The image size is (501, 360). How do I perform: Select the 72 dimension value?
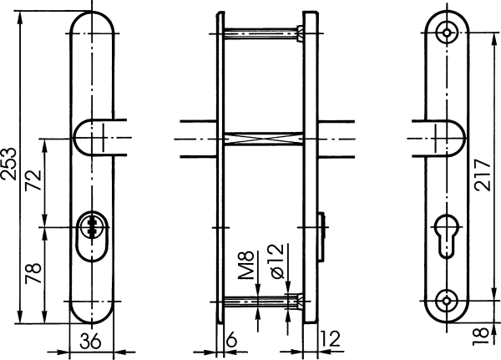34,182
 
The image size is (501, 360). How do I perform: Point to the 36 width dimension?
90,340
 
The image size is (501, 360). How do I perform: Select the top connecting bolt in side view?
261,33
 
